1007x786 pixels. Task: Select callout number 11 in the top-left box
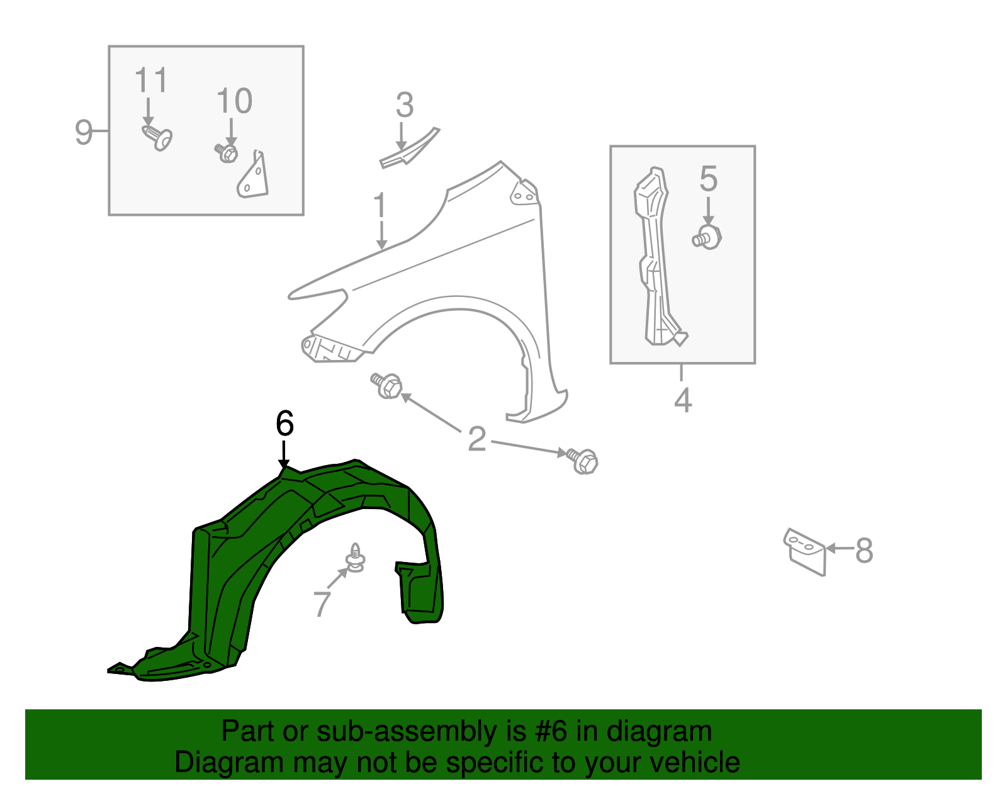coord(151,81)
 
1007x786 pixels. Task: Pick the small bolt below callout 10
coord(227,153)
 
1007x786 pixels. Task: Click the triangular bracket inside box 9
coord(254,178)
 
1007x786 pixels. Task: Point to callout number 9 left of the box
coord(83,132)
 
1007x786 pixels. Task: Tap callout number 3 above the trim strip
coord(405,105)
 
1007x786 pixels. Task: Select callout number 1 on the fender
coord(380,206)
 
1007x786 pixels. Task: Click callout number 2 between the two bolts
coord(477,439)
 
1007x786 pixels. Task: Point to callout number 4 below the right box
coord(683,400)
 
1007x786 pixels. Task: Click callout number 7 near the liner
coord(322,604)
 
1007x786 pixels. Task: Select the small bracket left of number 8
coord(805,549)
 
